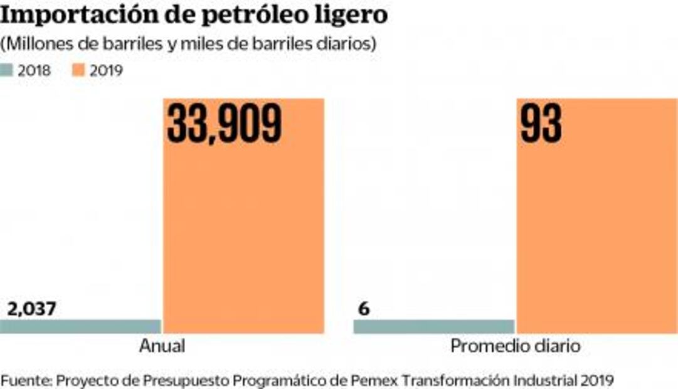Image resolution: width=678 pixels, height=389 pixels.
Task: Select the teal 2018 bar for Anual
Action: tap(80, 326)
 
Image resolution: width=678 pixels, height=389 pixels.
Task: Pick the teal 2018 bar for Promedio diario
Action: tap(433, 326)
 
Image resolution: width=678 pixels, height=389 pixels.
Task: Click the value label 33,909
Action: tap(225, 123)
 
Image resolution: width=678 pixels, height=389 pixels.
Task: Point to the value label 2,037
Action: tap(32, 309)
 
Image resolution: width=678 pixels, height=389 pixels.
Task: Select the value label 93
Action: tap(541, 123)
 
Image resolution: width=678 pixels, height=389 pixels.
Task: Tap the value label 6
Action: tap(363, 309)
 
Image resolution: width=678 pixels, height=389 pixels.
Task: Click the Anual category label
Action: tap(162, 346)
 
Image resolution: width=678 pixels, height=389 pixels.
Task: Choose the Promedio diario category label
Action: tap(515, 346)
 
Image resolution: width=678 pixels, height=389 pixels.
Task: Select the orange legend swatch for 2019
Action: tap(80, 70)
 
